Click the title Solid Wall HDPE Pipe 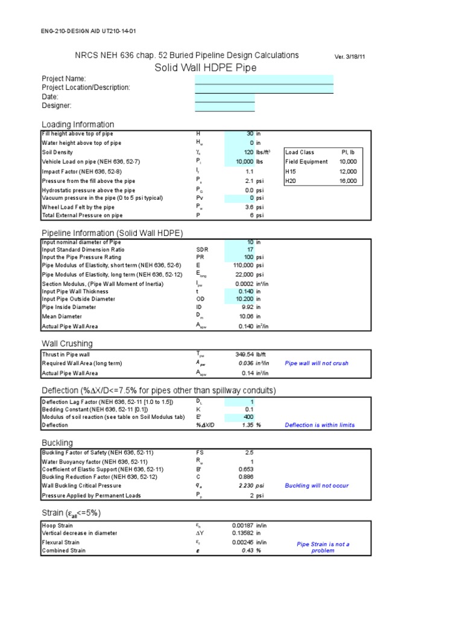click(206, 68)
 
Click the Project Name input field click(263, 79)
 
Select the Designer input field click(224, 106)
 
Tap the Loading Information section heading click(77, 124)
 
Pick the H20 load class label click(292, 180)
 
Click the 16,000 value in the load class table click(347, 180)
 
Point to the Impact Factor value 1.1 click(248, 171)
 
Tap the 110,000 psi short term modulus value click(244, 265)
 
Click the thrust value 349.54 click(244, 354)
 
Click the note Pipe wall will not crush click(316, 363)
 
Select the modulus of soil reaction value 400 click(248, 417)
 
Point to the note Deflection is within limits click(320, 425)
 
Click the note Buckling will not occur click(316, 485)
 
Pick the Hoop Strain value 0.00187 click(242, 526)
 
